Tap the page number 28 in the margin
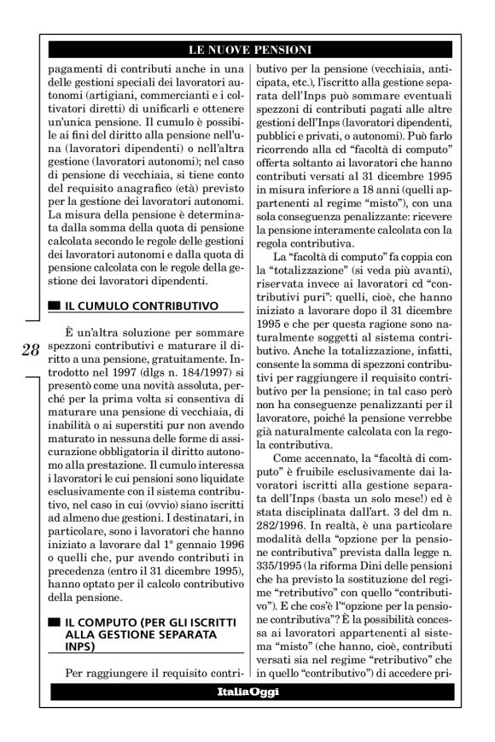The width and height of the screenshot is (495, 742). pyautogui.click(x=29, y=349)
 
